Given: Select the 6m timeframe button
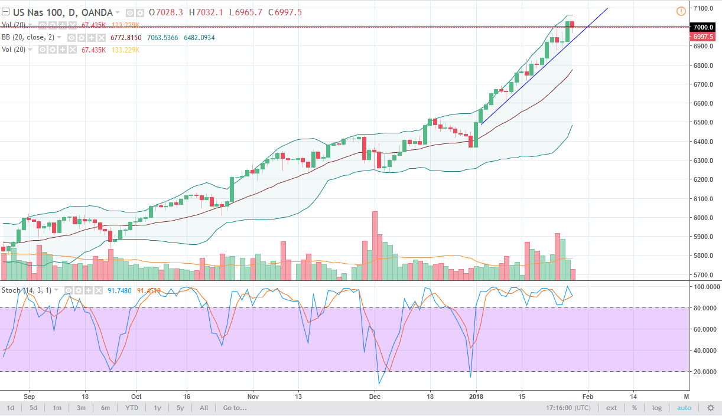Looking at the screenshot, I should pos(105,408).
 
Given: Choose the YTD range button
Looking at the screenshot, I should pos(132,408).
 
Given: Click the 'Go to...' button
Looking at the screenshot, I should pos(235,408).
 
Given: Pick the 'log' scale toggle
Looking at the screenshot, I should pos(657,408).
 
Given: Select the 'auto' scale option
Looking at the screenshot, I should pos(684,408).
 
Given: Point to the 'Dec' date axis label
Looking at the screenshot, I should pos(374,397).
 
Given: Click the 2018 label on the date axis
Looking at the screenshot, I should pos(476,397).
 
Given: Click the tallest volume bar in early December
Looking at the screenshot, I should pos(374,245).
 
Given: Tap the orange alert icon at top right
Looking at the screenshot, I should pos(681,11).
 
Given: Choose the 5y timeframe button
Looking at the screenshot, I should pos(180,408).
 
